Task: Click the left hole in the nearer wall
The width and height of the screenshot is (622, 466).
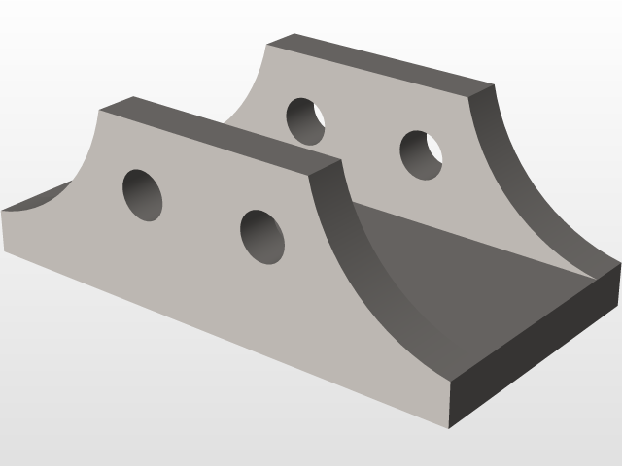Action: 142,194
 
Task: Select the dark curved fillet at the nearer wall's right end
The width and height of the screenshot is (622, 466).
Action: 374,262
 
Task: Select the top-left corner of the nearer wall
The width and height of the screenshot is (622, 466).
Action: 99,110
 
